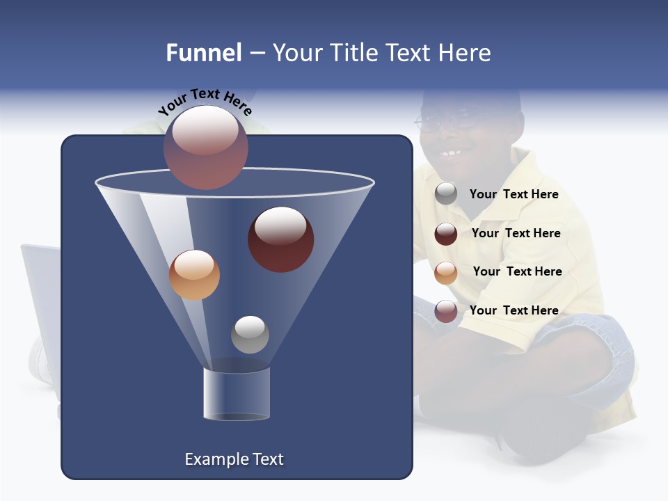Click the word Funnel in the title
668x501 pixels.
click(203, 53)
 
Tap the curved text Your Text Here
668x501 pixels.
click(205, 101)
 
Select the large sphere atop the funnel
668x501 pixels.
click(206, 147)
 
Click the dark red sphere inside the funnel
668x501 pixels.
click(280, 239)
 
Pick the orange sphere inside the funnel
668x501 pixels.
click(194, 274)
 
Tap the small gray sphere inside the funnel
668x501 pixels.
click(250, 334)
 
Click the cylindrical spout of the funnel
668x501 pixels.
click(237, 393)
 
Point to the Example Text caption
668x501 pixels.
click(234, 459)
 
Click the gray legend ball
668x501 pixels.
click(446, 194)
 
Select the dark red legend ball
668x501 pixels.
click(446, 233)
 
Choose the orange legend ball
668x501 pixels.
click(446, 272)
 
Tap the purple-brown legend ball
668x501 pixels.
click(446, 311)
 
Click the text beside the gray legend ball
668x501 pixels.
click(514, 195)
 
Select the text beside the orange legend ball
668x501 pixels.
click(517, 271)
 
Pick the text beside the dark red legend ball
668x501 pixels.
click(516, 233)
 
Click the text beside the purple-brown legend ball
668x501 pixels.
click(514, 310)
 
